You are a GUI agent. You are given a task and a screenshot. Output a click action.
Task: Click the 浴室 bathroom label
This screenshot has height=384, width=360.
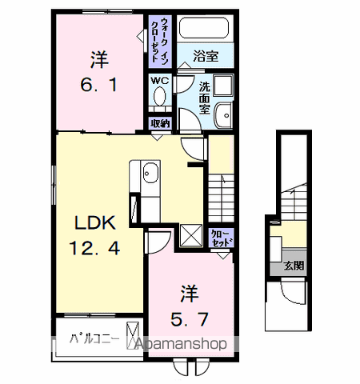pos(206,58)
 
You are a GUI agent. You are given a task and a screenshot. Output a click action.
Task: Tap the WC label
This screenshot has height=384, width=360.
pos(158,80)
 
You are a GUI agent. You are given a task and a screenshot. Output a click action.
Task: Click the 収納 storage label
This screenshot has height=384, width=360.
pos(159,123)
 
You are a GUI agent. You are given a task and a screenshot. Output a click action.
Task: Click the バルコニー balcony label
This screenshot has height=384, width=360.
pos(94,339)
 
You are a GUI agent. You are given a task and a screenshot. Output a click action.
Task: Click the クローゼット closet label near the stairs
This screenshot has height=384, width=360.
pos(220,238)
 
